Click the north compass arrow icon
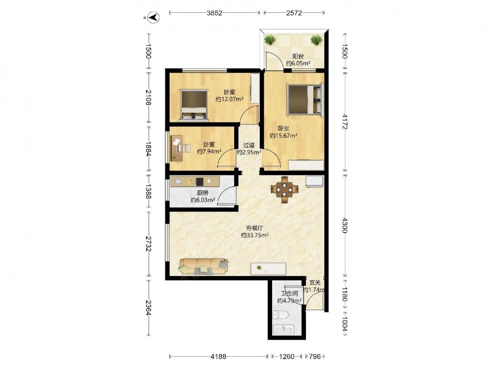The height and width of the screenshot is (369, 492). click(154, 17)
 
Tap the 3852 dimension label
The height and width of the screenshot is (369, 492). click(215, 13)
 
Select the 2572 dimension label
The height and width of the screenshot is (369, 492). click(294, 13)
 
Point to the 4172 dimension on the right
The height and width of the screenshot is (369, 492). click(344, 122)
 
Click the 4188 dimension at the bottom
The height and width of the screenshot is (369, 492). click(218, 356)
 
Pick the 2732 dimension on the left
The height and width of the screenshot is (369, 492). click(148, 244)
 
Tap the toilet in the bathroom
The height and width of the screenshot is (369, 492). click(278, 314)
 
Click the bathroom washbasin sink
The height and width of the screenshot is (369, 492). click(283, 330)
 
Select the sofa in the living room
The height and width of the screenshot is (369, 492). click(203, 266)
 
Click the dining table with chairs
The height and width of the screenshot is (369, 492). click(284, 189)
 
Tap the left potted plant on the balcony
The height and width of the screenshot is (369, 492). click(270, 40)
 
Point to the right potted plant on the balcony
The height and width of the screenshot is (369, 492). click(316, 40)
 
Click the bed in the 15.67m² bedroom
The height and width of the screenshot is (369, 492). click(305, 99)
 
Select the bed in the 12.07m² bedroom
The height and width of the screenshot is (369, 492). click(194, 105)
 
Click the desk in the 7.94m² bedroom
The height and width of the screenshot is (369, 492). click(177, 148)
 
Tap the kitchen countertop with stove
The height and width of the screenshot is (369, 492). click(195, 182)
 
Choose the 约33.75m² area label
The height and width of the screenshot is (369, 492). click(254, 235)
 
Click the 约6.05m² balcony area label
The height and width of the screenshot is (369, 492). click(298, 63)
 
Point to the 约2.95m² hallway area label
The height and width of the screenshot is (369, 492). click(249, 152)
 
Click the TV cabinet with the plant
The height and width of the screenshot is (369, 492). click(268, 269)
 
